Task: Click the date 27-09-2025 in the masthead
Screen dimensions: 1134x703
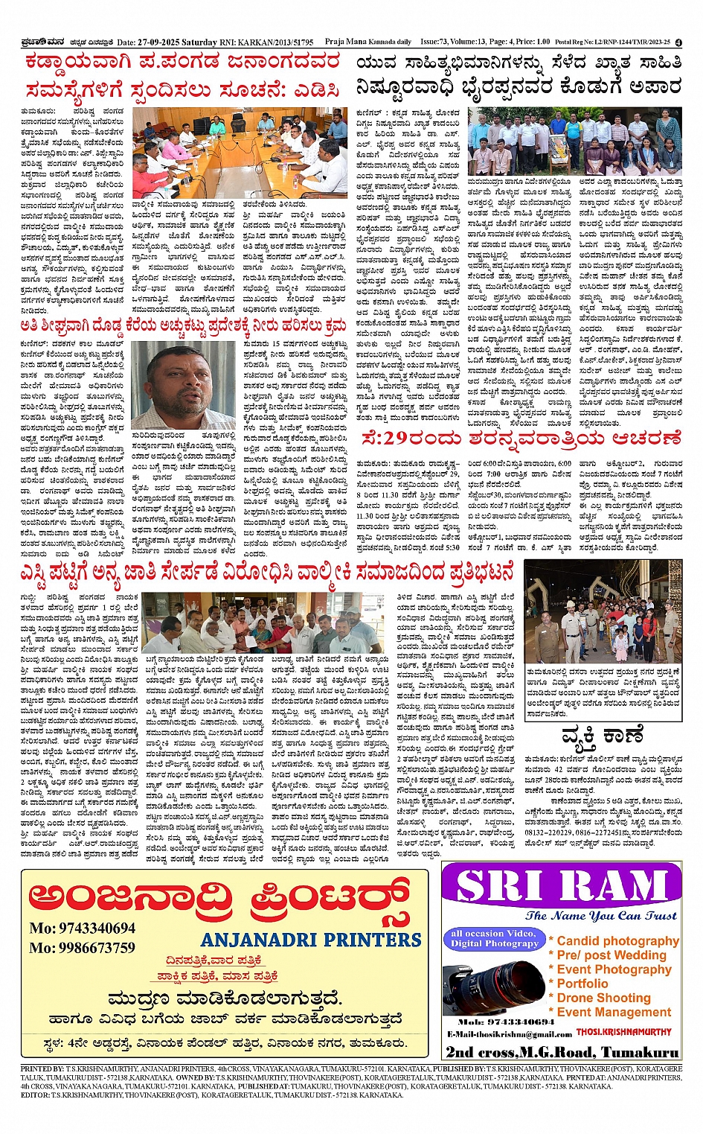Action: pyautogui.click(x=161, y=42)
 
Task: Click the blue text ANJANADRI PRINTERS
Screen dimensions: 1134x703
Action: pyautogui.click(x=311, y=940)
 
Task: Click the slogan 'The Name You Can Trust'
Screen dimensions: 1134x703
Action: pyautogui.click(x=600, y=916)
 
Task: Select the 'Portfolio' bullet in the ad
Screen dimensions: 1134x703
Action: pyautogui.click(x=582, y=984)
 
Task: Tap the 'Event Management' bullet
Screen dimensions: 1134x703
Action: pyautogui.click(x=614, y=1012)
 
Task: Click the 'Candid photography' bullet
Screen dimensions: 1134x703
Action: pyautogui.click(x=617, y=941)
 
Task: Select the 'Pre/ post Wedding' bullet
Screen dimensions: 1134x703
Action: pyautogui.click(x=611, y=955)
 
